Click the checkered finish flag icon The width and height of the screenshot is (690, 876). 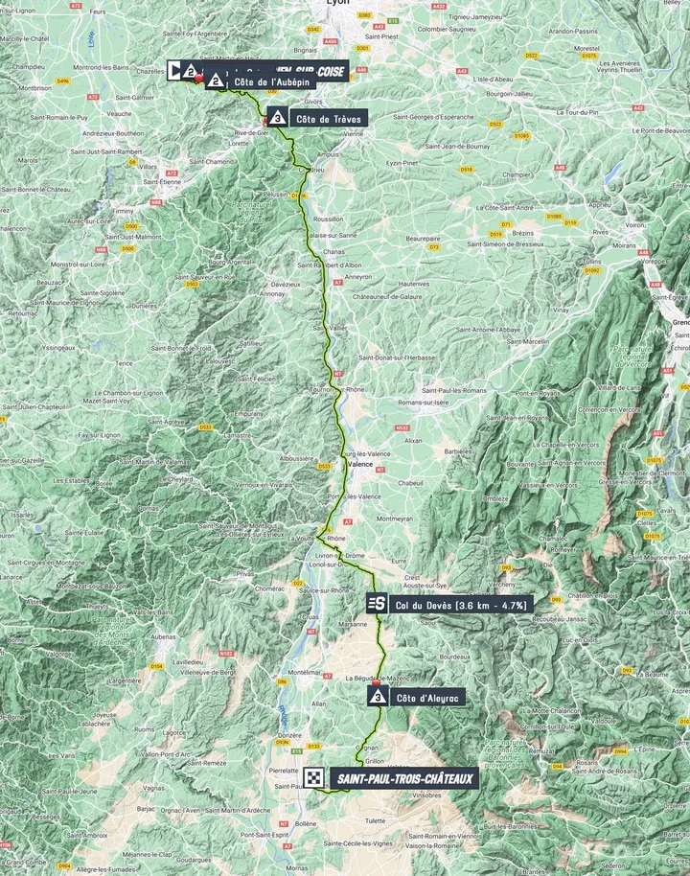tap(313, 777)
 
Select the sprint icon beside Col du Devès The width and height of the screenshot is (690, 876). tap(377, 603)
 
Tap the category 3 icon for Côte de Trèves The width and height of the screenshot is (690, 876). tap(277, 118)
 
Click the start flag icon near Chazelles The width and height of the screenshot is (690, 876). tap(176, 70)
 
